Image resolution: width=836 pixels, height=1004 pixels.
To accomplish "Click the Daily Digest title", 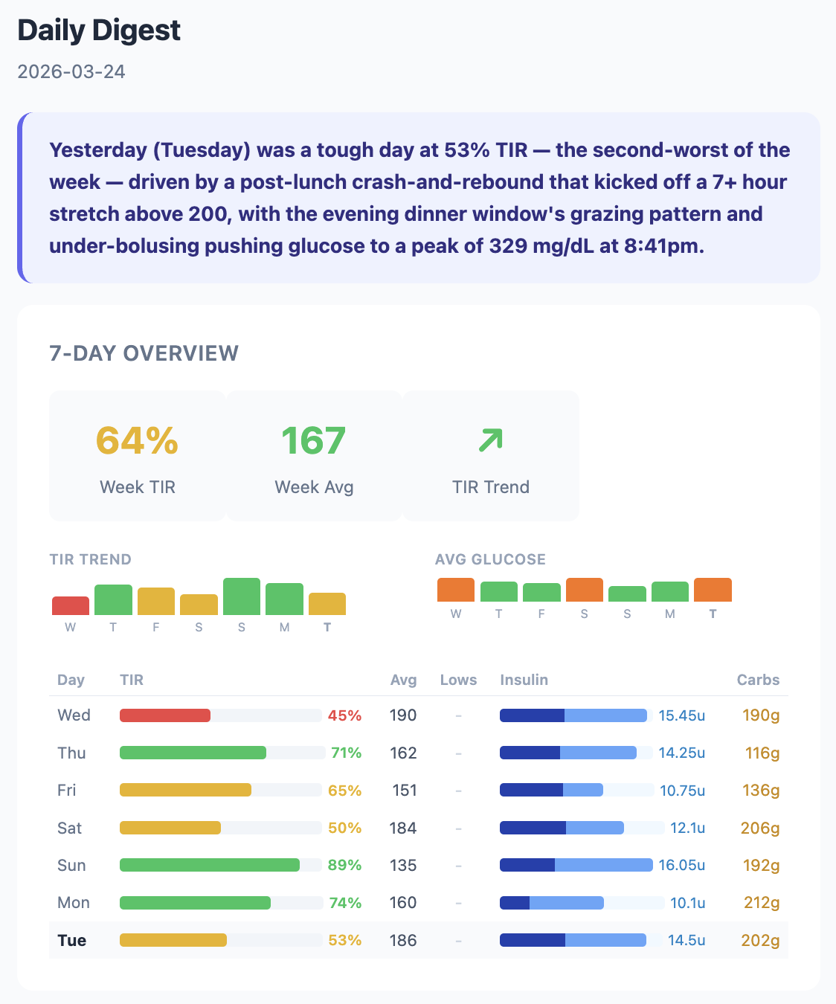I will point(99,30).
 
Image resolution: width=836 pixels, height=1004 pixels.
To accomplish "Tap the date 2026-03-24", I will point(71,71).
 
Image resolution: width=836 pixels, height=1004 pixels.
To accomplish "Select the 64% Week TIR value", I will point(137,440).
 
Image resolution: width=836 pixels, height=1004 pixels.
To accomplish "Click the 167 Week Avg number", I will point(313,440).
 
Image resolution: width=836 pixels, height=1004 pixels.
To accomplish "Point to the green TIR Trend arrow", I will point(490,440).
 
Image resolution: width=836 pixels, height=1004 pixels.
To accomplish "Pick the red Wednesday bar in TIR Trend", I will point(71,605).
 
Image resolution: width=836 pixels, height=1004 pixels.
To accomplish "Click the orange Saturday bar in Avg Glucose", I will point(584,590).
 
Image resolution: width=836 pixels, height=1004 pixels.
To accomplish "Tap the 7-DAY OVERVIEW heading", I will point(144,353).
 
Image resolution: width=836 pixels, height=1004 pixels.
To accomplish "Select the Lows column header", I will point(458,680).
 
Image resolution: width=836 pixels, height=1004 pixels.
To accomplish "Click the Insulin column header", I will point(524,680).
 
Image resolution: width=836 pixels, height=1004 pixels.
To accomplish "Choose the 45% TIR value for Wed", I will point(344,715).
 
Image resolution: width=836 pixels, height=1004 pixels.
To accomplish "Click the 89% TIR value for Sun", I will point(344,865).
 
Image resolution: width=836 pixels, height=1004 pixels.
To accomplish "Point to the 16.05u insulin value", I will point(681,865).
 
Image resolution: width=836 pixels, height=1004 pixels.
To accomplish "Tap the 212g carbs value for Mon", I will point(762,903).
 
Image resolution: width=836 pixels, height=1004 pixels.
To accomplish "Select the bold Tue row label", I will point(71,940).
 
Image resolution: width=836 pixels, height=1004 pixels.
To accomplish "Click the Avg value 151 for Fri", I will point(404,790).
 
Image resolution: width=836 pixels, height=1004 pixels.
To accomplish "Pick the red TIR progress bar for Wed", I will point(165,715).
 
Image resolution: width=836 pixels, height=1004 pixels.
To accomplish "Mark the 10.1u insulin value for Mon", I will point(687,903).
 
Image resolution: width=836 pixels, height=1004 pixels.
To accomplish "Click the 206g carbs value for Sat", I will point(760,828).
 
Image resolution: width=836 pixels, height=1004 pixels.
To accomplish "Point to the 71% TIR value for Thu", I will point(346,753).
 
